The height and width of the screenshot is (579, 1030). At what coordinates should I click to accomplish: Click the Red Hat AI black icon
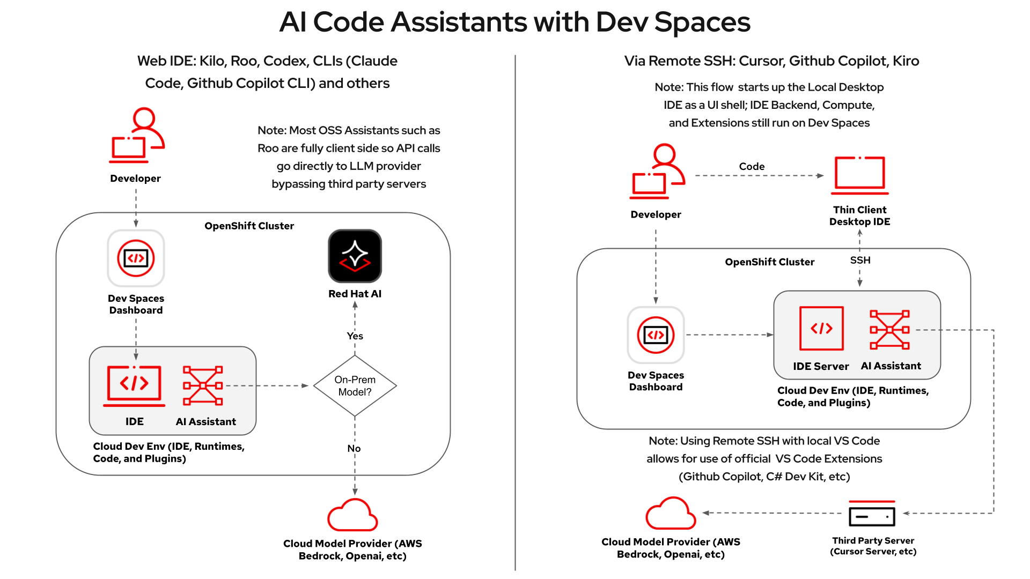(x=355, y=256)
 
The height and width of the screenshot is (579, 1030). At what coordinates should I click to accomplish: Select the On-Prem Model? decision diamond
(x=355, y=385)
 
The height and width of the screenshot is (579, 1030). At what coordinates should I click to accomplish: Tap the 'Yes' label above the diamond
(x=355, y=336)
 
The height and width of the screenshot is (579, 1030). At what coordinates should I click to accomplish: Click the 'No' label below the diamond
(x=354, y=448)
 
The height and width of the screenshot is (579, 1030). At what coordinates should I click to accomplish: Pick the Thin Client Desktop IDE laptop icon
(x=859, y=175)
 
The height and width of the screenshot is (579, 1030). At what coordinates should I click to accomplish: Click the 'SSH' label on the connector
(x=860, y=261)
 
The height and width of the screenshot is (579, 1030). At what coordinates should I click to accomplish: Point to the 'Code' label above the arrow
(x=752, y=167)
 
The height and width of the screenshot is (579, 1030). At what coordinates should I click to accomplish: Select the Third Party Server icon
(x=872, y=514)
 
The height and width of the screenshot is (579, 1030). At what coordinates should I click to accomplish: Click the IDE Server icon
(x=821, y=328)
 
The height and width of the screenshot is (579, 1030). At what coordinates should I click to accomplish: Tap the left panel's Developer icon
(x=136, y=136)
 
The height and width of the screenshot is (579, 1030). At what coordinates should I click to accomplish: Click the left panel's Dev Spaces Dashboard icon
(x=136, y=258)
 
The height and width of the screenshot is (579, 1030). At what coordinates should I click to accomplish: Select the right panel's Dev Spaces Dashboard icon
(x=656, y=335)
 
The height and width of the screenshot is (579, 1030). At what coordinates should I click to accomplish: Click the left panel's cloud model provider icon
(x=352, y=515)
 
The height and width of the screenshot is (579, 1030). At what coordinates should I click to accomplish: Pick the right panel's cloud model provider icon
(x=671, y=514)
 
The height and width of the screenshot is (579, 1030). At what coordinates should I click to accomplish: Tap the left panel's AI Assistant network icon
(x=203, y=385)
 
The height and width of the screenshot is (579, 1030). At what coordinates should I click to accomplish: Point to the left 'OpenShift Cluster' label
(x=249, y=226)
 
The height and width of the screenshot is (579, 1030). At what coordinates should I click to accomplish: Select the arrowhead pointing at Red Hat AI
(x=355, y=305)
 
